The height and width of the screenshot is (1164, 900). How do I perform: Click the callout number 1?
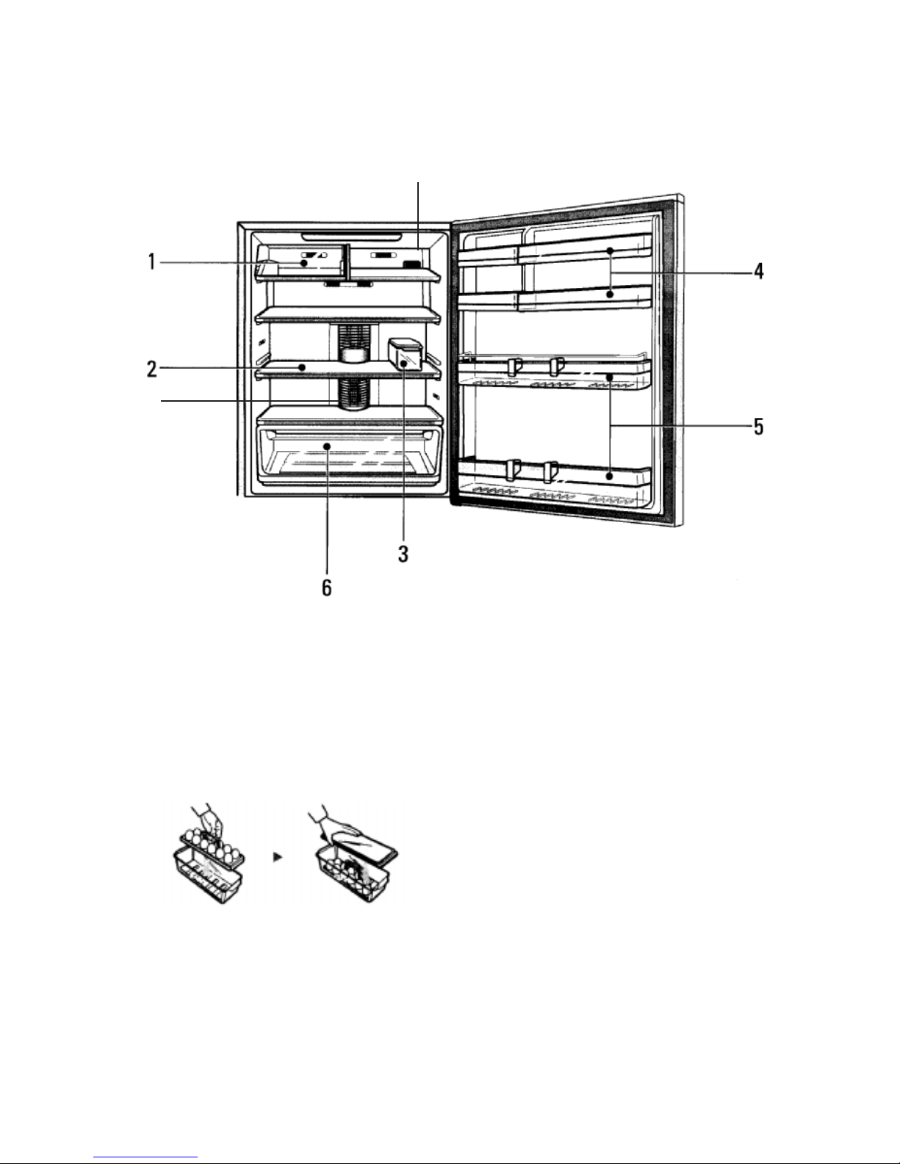(152, 262)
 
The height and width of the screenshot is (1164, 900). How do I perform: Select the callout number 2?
(152, 369)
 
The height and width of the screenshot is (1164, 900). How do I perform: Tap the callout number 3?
(403, 554)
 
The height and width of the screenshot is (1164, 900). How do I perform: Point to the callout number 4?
(758, 271)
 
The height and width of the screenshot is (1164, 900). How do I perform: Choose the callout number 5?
(758, 427)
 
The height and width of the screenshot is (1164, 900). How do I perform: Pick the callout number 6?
(327, 588)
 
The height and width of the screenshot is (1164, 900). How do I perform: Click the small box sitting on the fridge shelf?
(406, 355)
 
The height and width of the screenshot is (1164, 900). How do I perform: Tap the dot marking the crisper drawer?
(326, 446)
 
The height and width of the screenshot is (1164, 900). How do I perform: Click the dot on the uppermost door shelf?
(610, 250)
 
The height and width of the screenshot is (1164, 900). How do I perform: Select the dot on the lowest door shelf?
(610, 476)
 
